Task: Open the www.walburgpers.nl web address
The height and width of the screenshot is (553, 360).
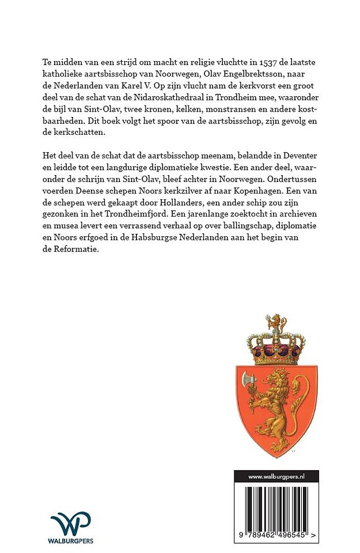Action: pyautogui.click(x=276, y=476)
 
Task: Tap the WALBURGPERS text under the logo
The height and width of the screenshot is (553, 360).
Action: pyautogui.click(x=71, y=541)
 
